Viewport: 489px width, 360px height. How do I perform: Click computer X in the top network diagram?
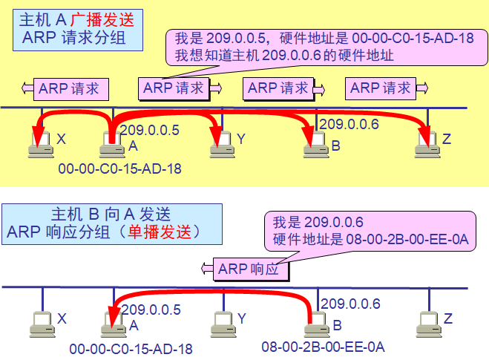click(x=41, y=146)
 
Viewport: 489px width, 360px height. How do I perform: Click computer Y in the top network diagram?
click(x=221, y=146)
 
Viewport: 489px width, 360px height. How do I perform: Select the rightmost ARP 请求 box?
click(x=382, y=88)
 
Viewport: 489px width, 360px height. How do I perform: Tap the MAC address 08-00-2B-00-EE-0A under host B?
click(x=323, y=347)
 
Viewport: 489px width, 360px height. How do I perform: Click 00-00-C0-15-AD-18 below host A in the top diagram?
click(x=119, y=168)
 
